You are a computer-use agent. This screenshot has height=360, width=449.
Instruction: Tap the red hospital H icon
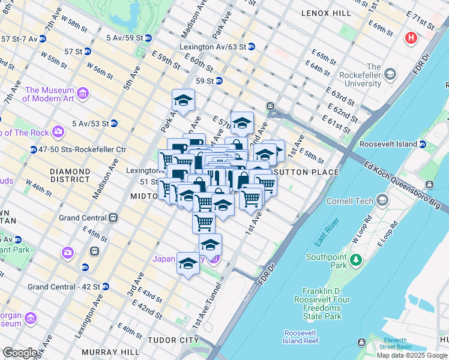411,38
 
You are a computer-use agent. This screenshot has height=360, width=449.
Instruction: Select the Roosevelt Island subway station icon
422,144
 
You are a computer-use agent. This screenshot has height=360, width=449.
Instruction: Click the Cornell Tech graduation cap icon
382,201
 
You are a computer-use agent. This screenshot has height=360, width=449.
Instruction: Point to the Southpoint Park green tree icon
356,260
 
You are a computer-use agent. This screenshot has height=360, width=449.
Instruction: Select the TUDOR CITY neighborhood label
173,340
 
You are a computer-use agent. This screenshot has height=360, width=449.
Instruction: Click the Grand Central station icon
112,217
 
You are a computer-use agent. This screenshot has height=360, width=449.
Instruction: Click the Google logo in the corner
19,353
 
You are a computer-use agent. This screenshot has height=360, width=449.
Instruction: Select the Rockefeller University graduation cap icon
391,74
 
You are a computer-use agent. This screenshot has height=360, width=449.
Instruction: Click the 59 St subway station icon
219,80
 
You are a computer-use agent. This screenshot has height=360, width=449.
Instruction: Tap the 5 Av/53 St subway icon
113,124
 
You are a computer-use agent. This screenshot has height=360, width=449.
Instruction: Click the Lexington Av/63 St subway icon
251,47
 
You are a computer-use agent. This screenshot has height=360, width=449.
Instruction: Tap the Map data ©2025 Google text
412,355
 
